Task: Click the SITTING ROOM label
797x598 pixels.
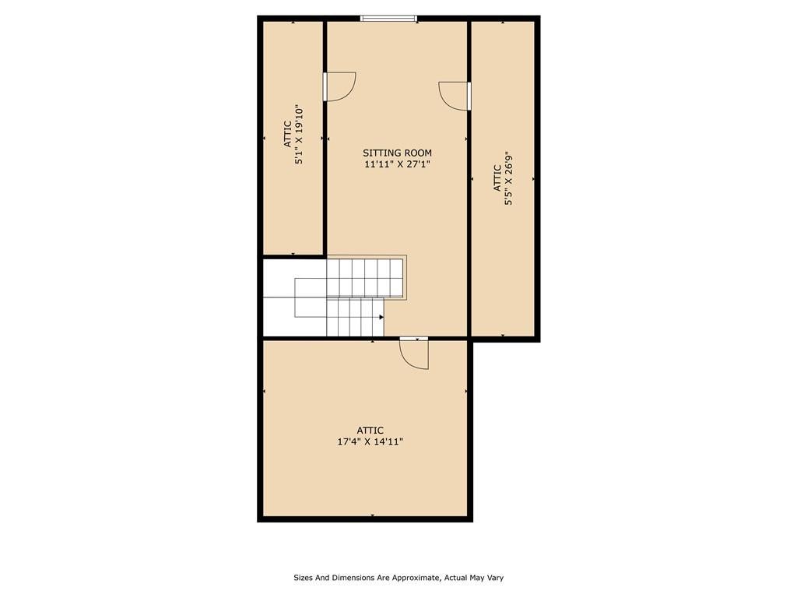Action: click(397, 153)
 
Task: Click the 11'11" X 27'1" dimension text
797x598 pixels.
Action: click(397, 164)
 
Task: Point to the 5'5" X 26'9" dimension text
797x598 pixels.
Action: click(508, 178)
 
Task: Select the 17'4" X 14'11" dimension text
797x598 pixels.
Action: click(370, 441)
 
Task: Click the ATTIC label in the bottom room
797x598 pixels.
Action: click(370, 430)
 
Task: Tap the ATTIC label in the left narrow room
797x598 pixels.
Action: click(287, 134)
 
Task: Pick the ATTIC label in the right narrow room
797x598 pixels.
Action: click(497, 178)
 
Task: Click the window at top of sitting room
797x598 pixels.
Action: click(388, 18)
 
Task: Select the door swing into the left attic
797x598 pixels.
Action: click(339, 86)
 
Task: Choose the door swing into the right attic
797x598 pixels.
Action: click(455, 96)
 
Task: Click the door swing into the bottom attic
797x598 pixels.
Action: click(415, 354)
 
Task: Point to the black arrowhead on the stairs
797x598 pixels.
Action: click(381, 317)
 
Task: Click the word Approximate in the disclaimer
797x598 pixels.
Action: click(418, 578)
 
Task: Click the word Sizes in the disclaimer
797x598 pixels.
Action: click(303, 578)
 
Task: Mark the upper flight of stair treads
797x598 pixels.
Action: click(364, 277)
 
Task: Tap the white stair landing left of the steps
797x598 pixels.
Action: click(279, 298)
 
